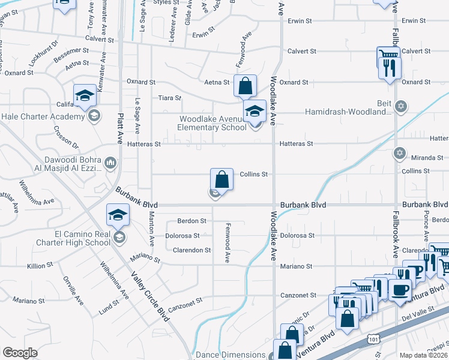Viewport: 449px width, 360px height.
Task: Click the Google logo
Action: point(20,353)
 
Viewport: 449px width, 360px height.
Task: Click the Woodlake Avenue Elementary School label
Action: point(212,123)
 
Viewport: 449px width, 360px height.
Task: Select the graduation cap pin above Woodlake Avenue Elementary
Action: point(255,111)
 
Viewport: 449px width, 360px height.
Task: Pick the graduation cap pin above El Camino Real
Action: point(118,215)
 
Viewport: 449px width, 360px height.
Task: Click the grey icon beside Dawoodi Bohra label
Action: point(110,163)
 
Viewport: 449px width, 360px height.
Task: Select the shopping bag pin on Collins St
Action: point(221,179)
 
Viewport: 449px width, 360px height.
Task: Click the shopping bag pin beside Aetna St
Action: point(245,86)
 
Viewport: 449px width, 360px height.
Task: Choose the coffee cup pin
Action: point(400,290)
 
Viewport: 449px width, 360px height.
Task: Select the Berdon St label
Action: point(191,221)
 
